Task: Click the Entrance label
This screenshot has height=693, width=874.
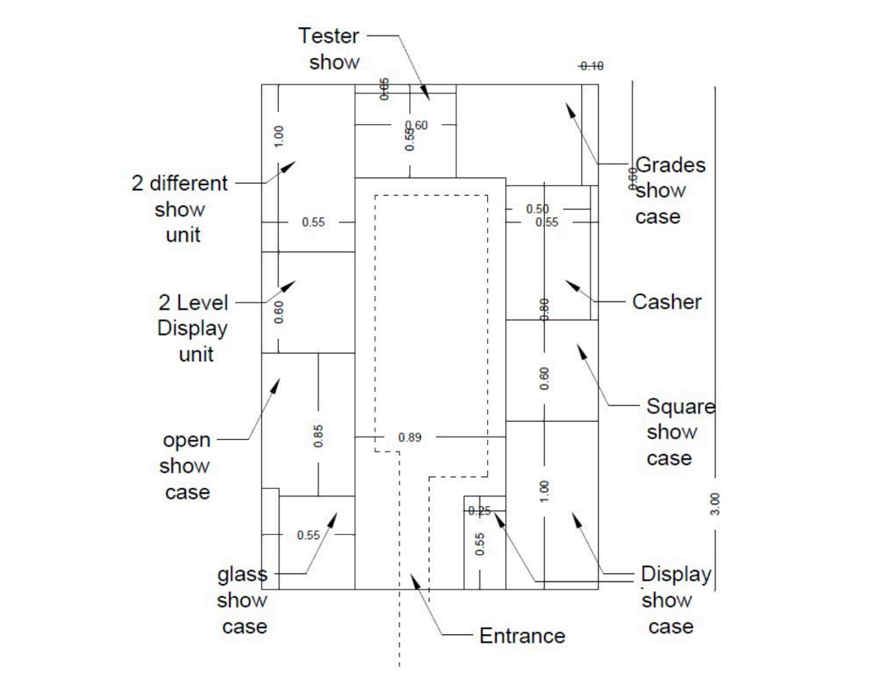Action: click(522, 636)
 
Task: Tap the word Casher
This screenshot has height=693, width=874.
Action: click(666, 302)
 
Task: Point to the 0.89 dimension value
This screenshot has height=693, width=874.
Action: click(410, 437)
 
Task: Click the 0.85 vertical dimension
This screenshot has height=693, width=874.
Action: click(318, 436)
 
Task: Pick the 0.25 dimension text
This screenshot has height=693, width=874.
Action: click(480, 511)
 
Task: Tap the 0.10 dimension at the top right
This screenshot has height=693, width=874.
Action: click(591, 66)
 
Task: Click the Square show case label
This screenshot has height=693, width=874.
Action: click(680, 432)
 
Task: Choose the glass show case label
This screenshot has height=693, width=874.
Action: click(243, 600)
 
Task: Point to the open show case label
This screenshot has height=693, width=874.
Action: click(187, 466)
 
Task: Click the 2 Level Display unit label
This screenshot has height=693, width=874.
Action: click(192, 328)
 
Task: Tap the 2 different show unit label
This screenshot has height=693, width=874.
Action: click(179, 208)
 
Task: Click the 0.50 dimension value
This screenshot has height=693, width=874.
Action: click(537, 208)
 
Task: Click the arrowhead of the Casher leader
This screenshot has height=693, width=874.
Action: click(569, 284)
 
